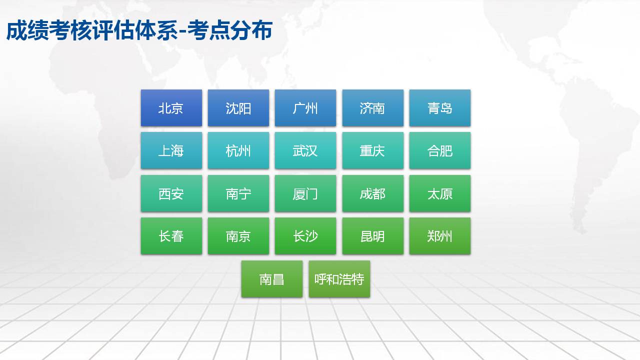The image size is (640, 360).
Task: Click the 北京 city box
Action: (171, 107)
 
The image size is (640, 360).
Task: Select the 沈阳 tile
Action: (238, 107)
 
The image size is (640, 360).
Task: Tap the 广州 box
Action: (305, 107)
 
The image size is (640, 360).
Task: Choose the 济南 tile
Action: (373, 107)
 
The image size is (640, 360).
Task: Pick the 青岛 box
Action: (440, 107)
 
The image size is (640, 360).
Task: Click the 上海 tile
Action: (171, 150)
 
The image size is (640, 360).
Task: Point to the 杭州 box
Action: (238, 150)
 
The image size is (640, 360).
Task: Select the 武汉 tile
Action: (305, 150)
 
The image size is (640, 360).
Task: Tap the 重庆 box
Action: (373, 150)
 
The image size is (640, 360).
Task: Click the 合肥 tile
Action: (440, 150)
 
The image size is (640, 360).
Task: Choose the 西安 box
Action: (171, 193)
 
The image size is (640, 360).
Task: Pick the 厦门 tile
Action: (305, 193)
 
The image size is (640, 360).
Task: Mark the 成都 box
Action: (373, 193)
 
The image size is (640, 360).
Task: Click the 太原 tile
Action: (440, 193)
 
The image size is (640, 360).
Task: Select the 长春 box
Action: (171, 236)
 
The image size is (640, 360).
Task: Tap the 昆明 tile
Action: (373, 236)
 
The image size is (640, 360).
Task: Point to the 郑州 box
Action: (440, 236)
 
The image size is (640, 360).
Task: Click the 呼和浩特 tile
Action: (339, 279)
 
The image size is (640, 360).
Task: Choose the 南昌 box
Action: (272, 279)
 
